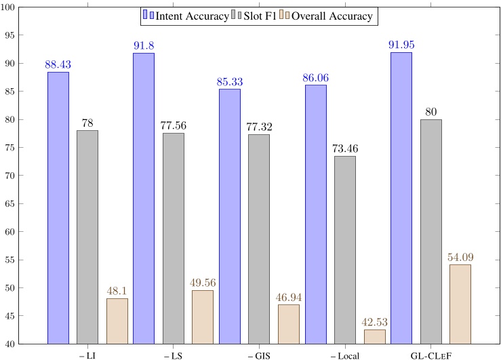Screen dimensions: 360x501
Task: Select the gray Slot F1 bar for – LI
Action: [87, 237]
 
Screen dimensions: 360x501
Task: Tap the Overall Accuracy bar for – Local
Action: [374, 336]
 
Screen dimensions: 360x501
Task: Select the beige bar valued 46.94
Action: [288, 324]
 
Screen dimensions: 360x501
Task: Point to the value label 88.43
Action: [58, 64]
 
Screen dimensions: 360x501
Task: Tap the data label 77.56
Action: [173, 125]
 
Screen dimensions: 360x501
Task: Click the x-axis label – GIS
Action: [259, 354]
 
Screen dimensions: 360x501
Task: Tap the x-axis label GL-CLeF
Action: [431, 354]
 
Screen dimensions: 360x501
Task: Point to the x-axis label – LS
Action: [173, 354]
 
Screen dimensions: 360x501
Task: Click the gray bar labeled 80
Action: [431, 231]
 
